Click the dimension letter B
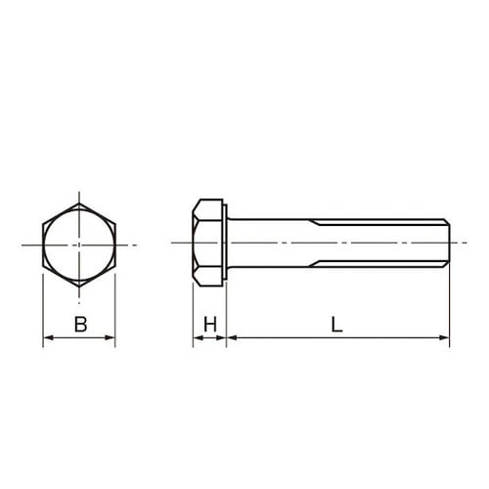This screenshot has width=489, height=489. click(x=80, y=325)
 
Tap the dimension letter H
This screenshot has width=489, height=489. click(x=209, y=325)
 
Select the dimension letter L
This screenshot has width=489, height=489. click(x=336, y=325)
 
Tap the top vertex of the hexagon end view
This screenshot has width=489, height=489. click(x=79, y=202)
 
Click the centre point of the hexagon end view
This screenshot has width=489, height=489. click(x=79, y=244)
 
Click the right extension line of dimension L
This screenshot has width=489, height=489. click(x=450, y=303)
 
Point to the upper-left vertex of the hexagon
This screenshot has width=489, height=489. click(x=43, y=223)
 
